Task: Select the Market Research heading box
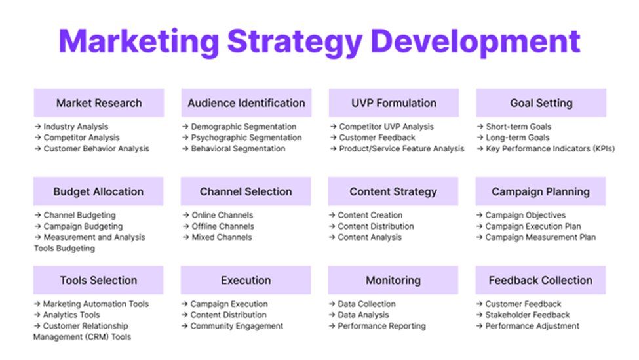[x=99, y=103]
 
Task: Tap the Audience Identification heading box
[x=246, y=103]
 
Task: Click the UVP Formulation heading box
[x=393, y=103]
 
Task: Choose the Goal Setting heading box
[x=541, y=103]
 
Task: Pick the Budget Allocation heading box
[x=99, y=191]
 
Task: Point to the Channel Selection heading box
[x=246, y=191]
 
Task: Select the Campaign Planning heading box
[x=541, y=191]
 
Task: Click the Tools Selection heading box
[x=99, y=280]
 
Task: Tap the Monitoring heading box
[x=393, y=280]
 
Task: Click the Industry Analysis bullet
[x=75, y=127]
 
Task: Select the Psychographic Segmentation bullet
[x=246, y=138]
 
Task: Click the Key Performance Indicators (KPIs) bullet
[x=550, y=149]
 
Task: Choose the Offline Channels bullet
[x=223, y=226]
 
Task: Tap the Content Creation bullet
[x=370, y=215]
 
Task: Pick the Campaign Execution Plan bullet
[x=533, y=226]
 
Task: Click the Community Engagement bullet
[x=237, y=326]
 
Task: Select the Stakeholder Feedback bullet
[x=528, y=315]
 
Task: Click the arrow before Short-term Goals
[x=480, y=127]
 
